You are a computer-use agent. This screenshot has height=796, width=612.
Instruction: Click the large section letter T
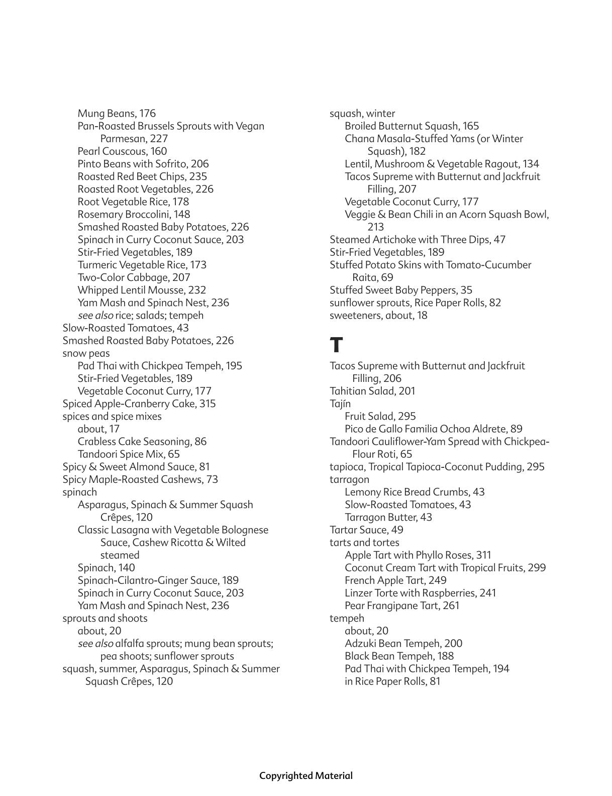336,346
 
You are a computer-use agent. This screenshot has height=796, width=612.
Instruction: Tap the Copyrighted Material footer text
305,775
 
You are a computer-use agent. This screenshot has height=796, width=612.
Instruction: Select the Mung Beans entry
117,114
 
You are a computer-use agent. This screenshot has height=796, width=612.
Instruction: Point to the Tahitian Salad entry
372,391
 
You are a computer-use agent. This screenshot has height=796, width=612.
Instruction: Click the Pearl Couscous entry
122,151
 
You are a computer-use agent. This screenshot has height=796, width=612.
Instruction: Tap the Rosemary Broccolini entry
134,214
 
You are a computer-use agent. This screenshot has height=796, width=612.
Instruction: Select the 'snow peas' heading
86,353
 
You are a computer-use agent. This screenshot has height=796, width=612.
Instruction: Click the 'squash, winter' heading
362,114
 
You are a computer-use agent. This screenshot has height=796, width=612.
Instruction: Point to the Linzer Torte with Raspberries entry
420,593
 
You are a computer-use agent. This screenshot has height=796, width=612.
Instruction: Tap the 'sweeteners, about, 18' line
378,316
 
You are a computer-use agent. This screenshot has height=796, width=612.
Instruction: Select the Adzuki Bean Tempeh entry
403,643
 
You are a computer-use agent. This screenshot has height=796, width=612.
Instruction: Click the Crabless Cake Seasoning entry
142,442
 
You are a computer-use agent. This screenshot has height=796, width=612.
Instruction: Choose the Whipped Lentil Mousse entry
142,290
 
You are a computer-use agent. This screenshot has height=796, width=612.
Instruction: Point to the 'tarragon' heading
349,479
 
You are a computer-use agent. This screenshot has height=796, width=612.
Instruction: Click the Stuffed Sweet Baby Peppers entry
401,290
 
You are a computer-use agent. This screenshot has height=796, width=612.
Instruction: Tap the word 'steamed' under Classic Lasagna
120,555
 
